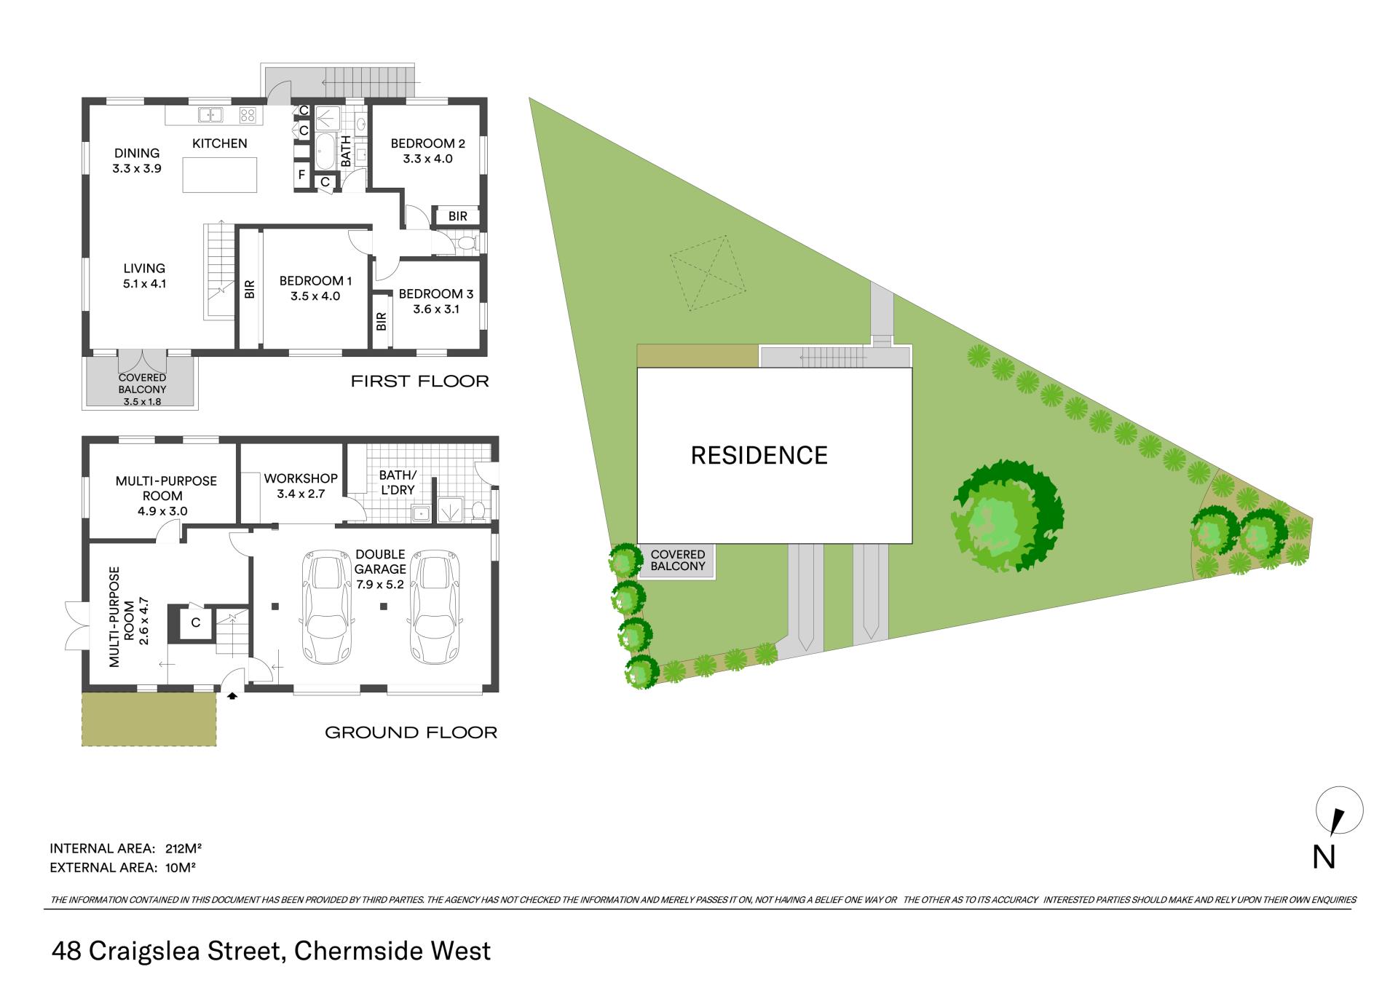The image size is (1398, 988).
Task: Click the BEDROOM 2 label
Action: [x=427, y=143]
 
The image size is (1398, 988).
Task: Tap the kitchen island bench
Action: [x=220, y=175]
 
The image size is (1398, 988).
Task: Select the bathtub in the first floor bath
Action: [x=325, y=151]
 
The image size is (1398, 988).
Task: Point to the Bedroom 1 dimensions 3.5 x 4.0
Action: [x=315, y=296]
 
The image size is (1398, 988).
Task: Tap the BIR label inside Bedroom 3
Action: [x=382, y=321]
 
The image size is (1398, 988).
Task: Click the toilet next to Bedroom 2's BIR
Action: [x=465, y=242]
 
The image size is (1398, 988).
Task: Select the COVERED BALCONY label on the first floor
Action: [x=143, y=384]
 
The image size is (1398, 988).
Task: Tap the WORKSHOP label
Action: [x=301, y=478]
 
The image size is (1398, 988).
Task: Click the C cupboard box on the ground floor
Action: [x=196, y=623]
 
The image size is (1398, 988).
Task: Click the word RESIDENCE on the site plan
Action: [x=759, y=456]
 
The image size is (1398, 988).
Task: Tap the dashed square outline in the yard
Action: [x=708, y=274]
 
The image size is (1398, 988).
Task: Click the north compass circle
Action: [x=1340, y=810]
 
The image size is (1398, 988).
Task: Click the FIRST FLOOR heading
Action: [x=420, y=381]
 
